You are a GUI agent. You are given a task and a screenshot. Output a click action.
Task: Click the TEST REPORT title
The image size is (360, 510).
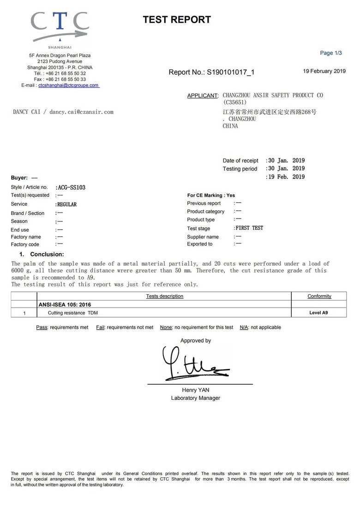pyautogui.click(x=177, y=19)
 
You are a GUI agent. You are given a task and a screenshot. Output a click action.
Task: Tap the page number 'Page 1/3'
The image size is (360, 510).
pyautogui.click(x=331, y=53)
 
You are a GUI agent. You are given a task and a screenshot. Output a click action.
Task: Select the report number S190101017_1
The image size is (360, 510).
pyautogui.click(x=230, y=72)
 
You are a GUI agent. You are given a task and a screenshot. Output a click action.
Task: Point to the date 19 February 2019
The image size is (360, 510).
pyautogui.click(x=324, y=71)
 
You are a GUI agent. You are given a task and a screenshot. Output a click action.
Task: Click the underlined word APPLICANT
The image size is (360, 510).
pyautogui.click(x=202, y=96)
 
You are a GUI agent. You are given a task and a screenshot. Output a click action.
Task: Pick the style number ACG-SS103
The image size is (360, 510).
pyautogui.click(x=70, y=188)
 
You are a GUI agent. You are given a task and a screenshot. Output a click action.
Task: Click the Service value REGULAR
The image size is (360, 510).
pyautogui.click(x=66, y=204)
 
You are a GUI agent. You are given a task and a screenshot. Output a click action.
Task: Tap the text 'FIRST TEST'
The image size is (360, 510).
pyautogui.click(x=249, y=228)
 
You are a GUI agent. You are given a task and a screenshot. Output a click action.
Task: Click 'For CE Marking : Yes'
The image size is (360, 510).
pyautogui.click(x=211, y=196)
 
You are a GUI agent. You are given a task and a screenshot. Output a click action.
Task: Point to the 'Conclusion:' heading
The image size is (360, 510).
pyautogui.click(x=47, y=254)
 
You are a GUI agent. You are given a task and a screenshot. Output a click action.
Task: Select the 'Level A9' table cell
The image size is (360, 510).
pyautogui.click(x=319, y=313)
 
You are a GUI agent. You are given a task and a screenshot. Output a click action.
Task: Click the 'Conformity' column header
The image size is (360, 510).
pyautogui.click(x=319, y=296)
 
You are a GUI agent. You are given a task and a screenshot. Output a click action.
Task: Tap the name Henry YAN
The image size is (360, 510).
pyautogui.click(x=196, y=390)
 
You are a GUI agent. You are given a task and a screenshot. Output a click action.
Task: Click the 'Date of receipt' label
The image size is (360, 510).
pyautogui.click(x=240, y=160)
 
